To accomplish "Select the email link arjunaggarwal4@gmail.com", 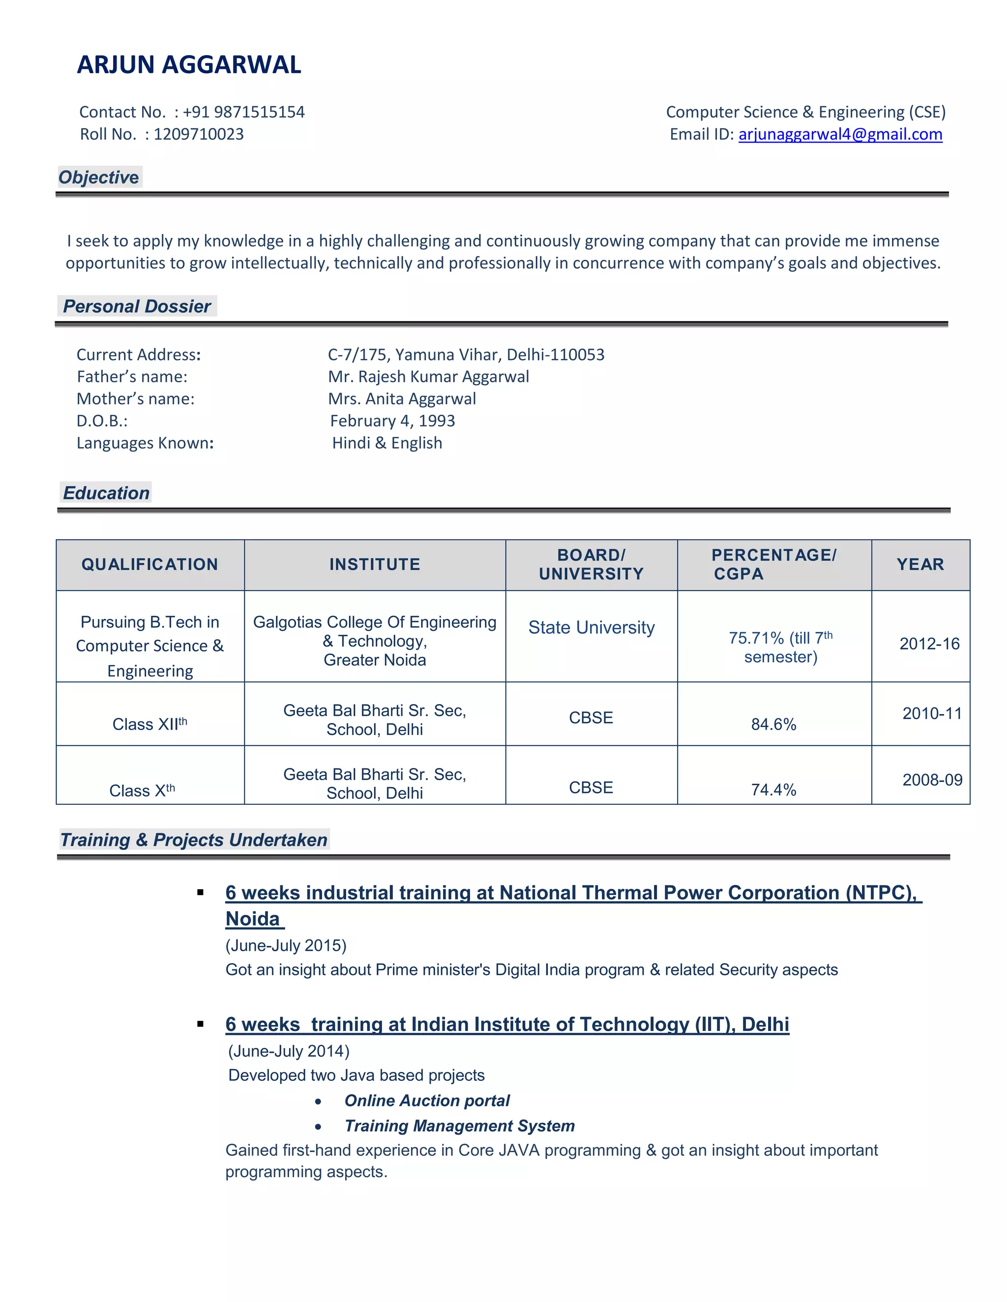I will pos(840,134).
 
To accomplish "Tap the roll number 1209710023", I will pos(199,134).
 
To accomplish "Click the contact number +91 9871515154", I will pos(243,112).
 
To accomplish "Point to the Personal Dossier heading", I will pos(137,307).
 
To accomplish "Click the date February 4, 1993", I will pos(392,421).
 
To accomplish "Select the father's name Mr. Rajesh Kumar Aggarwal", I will pos(428,377).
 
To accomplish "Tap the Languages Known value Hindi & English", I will pos(387,443).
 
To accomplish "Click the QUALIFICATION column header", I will pos(150,565).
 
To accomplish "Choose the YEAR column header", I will pos(920,565).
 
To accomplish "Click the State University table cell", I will pos(591,628).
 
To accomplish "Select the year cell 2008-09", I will pos(932,780).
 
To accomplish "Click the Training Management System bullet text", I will pos(459,1126).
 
